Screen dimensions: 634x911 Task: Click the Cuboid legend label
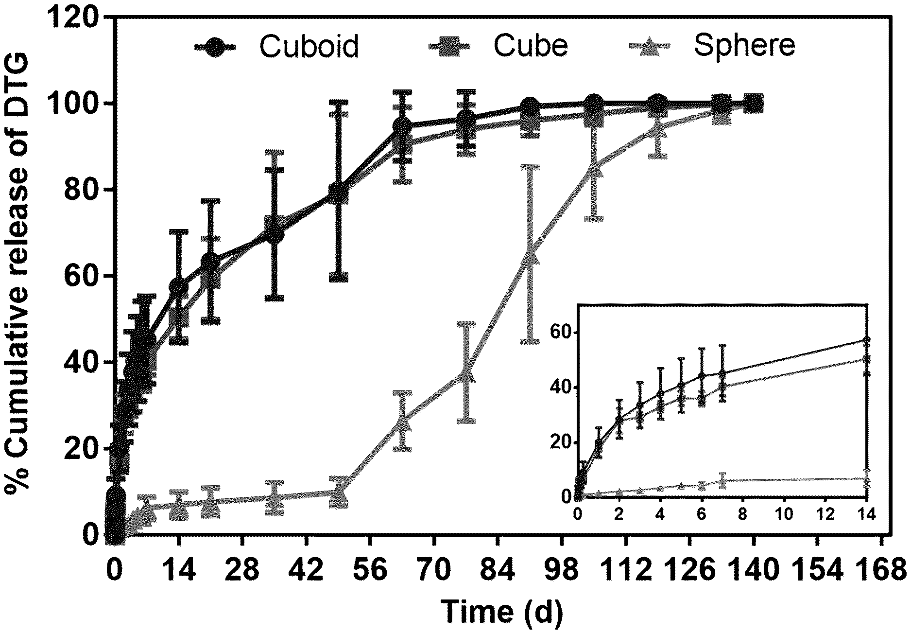(x=309, y=46)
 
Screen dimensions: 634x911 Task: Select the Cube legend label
(x=531, y=46)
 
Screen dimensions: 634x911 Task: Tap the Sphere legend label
(x=744, y=46)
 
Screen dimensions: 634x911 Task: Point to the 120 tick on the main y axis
(x=78, y=18)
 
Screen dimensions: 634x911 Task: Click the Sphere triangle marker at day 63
(x=402, y=423)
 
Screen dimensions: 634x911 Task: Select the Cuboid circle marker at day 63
(x=402, y=126)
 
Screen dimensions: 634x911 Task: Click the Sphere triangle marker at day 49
(x=338, y=493)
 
